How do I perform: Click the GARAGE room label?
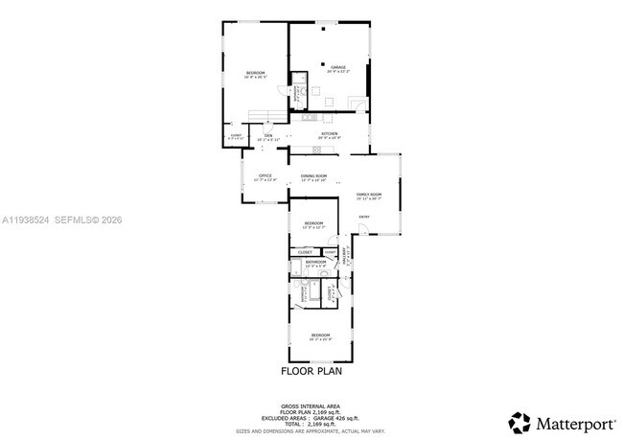click(337, 67)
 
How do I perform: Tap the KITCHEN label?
click(329, 134)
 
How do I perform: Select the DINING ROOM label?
click(313, 176)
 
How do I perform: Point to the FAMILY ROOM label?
click(369, 197)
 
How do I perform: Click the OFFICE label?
click(265, 176)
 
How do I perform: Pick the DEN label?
click(268, 136)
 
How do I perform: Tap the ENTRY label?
click(363, 217)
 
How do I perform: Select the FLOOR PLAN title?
click(311, 370)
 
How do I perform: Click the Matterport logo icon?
click(519, 422)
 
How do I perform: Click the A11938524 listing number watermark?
click(26, 220)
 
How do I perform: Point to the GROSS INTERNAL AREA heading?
click(311, 405)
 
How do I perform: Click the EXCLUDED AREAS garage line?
click(311, 417)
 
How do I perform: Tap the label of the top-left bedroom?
click(254, 75)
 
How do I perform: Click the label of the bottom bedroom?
click(319, 336)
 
